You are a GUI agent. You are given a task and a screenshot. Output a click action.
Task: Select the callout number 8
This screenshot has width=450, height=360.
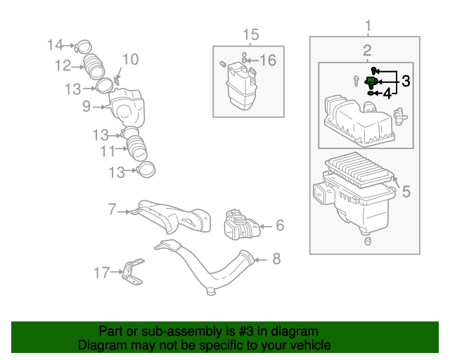pyautogui.click(x=276, y=259)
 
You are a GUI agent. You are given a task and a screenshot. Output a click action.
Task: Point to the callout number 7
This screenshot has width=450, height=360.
pyautogui.click(x=112, y=209)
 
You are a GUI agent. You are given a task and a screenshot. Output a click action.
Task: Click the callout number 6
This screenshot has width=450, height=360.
pyautogui.click(x=279, y=226)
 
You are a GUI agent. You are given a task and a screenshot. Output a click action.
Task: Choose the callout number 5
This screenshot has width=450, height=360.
pyautogui.click(x=406, y=191)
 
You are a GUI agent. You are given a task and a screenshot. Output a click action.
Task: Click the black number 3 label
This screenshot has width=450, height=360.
pyautogui.click(x=406, y=82)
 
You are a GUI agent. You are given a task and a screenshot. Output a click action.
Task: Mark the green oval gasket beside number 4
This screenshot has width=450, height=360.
pyautogui.click(x=371, y=92)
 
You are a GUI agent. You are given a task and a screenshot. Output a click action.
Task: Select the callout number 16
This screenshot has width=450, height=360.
pyautogui.click(x=269, y=60)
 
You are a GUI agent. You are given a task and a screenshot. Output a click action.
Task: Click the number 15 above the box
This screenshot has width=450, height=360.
pyautogui.click(x=251, y=34)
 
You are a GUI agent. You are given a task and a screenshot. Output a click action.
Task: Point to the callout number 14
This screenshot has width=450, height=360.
pyautogui.click(x=56, y=46)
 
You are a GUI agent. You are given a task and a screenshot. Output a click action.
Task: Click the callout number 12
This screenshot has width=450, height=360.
pyautogui.click(x=63, y=66)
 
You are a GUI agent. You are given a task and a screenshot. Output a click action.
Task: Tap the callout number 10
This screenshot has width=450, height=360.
pyautogui.click(x=131, y=59)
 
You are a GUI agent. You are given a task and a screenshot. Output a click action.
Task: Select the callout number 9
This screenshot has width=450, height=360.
pyautogui.click(x=86, y=107)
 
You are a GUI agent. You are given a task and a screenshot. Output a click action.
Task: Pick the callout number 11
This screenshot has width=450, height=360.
pyautogui.click(x=107, y=151)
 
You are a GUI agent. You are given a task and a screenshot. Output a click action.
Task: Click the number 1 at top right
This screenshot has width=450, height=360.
pyautogui.click(x=366, y=27)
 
